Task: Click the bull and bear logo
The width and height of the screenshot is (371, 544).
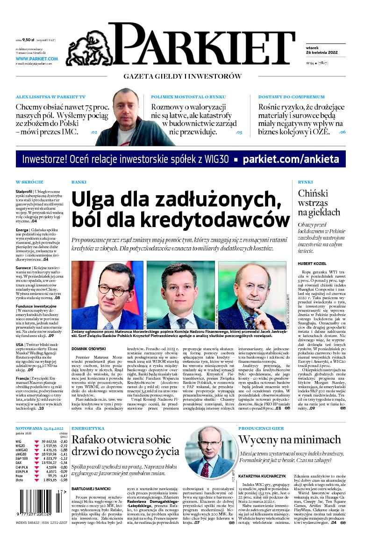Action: (x=86, y=50)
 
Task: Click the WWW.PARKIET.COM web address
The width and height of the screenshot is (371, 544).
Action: (x=37, y=59)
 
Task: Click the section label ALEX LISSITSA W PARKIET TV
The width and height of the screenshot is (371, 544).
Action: (x=50, y=97)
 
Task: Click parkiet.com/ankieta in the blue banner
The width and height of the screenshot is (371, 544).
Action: (x=291, y=159)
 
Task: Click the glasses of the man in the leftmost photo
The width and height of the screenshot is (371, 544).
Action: (x=114, y=290)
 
